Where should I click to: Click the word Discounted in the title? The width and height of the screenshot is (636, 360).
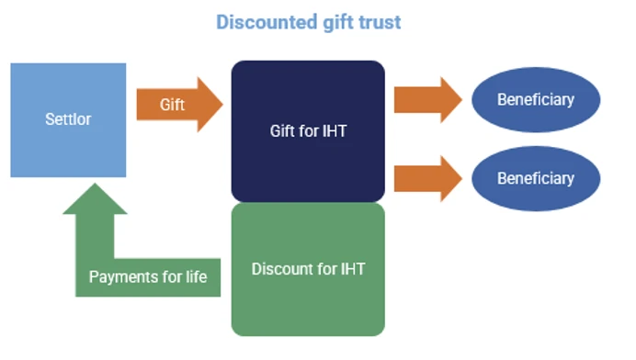[x=267, y=22]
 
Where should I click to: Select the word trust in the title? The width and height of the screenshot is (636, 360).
[x=380, y=22]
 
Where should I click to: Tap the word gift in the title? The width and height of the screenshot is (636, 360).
[x=338, y=23]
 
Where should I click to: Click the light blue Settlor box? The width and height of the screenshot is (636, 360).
[x=68, y=120]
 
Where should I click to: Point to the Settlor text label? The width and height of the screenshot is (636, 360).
[x=68, y=119]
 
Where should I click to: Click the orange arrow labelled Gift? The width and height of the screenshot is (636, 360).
[x=180, y=105]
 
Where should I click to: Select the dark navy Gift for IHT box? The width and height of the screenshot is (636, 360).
[x=308, y=131]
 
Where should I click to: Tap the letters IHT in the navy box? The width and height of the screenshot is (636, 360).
[x=335, y=131]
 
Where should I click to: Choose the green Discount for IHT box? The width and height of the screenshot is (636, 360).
[x=308, y=269]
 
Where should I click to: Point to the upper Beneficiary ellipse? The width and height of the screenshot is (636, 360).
[x=536, y=100]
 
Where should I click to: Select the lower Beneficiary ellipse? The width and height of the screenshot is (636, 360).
[x=536, y=178]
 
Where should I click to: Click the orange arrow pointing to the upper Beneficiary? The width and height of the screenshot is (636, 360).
[x=428, y=100]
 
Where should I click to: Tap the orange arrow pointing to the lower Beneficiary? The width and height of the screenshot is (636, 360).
[x=428, y=178]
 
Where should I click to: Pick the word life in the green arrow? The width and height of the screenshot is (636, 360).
[x=197, y=276]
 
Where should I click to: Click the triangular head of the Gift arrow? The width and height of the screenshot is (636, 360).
[x=210, y=105]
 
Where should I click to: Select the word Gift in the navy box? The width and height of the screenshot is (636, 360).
[x=282, y=131]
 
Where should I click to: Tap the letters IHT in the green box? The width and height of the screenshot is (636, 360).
[x=353, y=269]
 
